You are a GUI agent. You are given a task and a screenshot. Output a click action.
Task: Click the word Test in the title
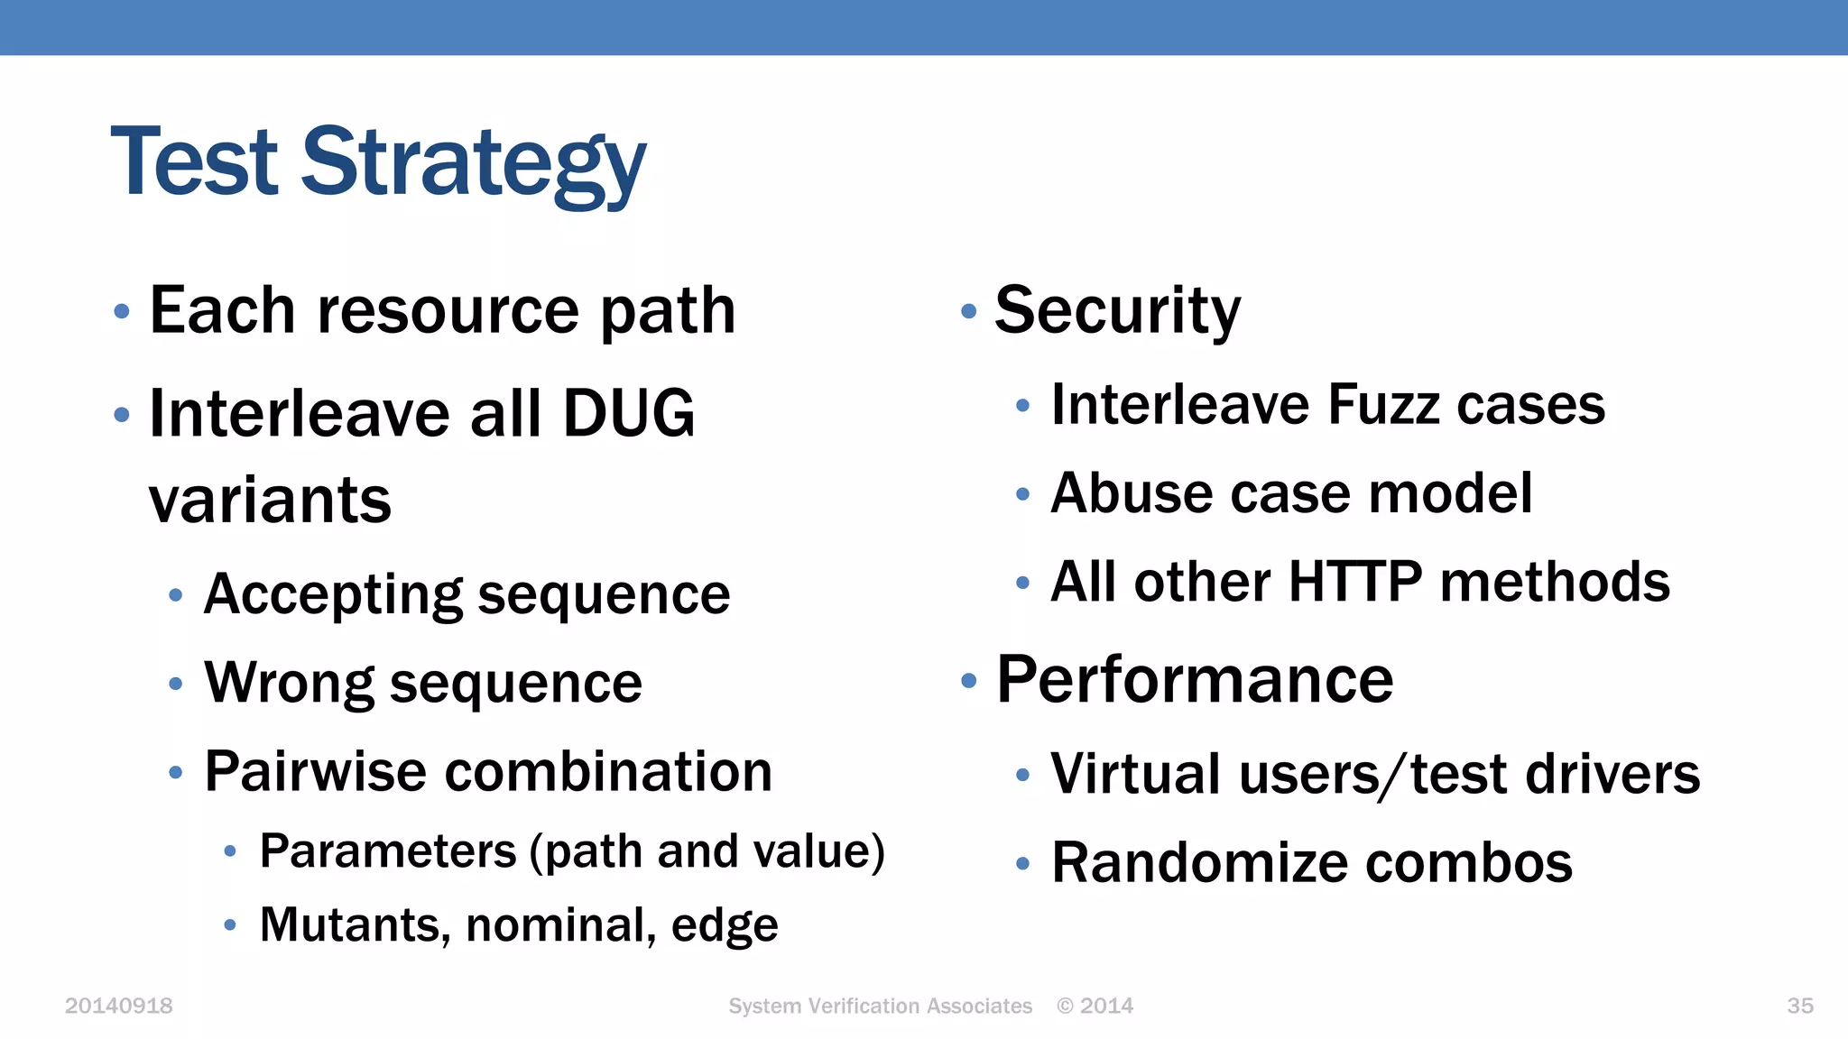click(194, 162)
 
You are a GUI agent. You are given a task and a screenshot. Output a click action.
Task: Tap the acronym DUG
click(629, 413)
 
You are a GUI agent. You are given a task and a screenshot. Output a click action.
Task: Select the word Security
click(1117, 310)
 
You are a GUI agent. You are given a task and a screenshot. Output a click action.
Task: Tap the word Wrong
click(289, 683)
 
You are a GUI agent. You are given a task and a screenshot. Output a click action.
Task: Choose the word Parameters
click(388, 851)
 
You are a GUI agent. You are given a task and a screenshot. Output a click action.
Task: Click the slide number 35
click(1799, 1006)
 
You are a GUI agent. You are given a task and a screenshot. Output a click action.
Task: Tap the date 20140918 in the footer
click(118, 1006)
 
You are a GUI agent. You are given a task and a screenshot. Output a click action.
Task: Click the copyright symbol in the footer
click(1066, 1006)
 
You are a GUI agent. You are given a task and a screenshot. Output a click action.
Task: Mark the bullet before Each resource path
click(122, 312)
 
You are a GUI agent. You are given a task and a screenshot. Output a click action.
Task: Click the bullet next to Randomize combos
click(1022, 864)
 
